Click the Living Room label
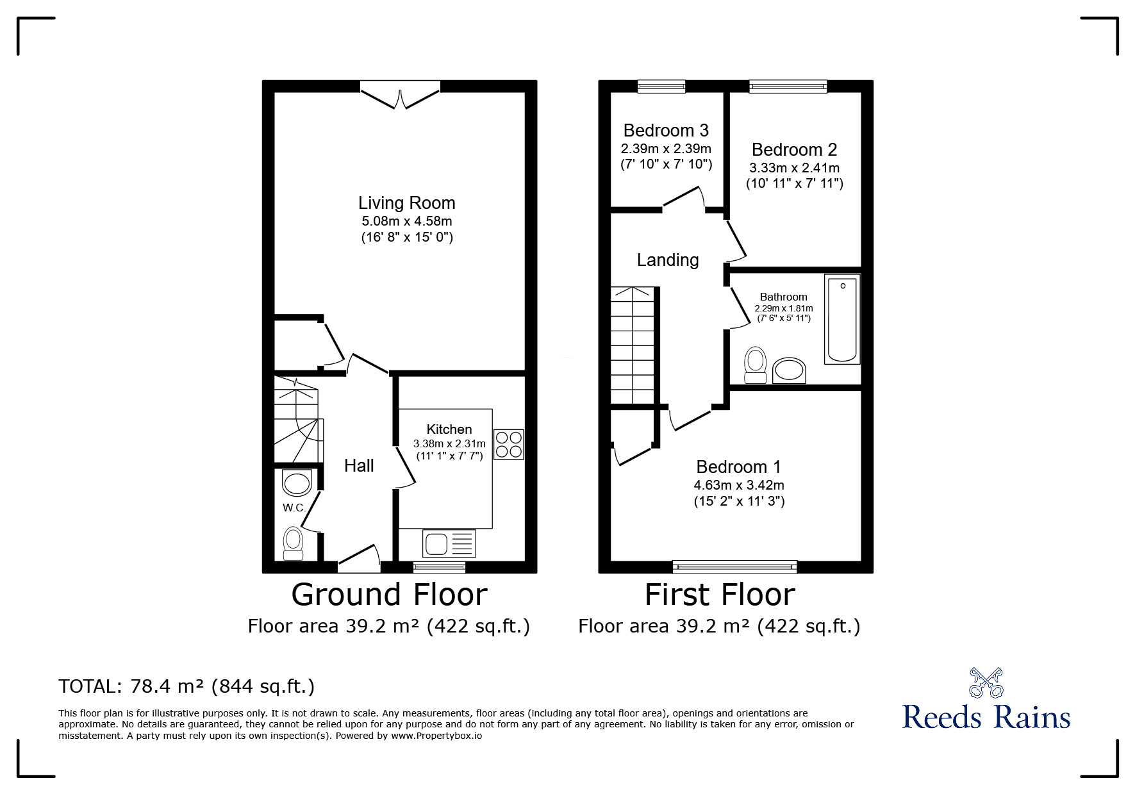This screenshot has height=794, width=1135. (406, 203)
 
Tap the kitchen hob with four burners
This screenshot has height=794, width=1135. (508, 445)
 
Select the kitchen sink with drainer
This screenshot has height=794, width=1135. (449, 543)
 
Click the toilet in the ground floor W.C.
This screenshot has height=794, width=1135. (294, 543)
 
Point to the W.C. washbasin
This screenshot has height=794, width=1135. (297, 483)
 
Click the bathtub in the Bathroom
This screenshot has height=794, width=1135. (842, 319)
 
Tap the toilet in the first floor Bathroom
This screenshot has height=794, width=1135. (756, 364)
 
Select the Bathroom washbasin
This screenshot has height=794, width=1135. (789, 371)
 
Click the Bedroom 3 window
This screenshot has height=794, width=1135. (661, 87)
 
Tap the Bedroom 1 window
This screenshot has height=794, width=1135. (734, 567)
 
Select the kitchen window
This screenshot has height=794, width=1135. (439, 567)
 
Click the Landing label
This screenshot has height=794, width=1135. (667, 260)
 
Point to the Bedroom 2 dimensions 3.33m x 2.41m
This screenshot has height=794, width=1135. (794, 168)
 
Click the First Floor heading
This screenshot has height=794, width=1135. (719, 595)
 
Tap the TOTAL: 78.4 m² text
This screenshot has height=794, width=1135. (186, 686)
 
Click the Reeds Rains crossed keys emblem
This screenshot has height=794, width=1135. (986, 682)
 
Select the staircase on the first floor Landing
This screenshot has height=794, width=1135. (633, 346)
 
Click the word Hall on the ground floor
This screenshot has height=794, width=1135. (359, 466)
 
